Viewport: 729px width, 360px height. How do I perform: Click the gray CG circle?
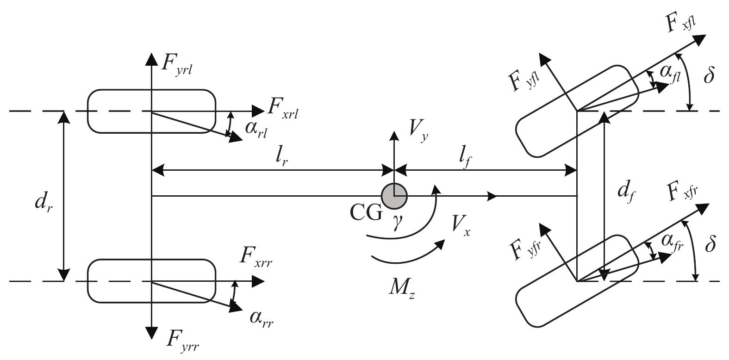tap(394, 196)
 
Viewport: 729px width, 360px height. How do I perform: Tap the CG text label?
tap(366, 213)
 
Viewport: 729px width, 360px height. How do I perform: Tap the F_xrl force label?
tap(282, 108)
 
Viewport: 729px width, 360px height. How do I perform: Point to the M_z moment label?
tap(402, 288)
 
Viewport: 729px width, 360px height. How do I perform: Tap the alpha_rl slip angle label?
tap(256, 130)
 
